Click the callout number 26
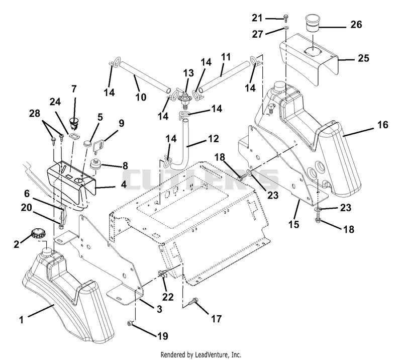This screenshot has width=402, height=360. [356, 25]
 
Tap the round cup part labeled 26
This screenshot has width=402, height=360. [311, 23]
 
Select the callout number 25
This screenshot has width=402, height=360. [363, 58]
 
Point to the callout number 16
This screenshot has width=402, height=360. [383, 125]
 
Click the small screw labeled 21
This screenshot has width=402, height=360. [285, 18]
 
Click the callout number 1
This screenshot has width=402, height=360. [21, 320]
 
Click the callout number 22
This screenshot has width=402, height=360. [168, 297]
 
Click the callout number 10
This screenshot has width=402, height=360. [141, 97]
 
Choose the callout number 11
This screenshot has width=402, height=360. [226, 57]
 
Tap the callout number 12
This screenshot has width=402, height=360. [213, 139]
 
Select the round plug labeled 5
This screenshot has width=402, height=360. [87, 143]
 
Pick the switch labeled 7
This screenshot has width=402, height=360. [74, 122]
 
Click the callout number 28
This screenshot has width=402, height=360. [35, 113]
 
